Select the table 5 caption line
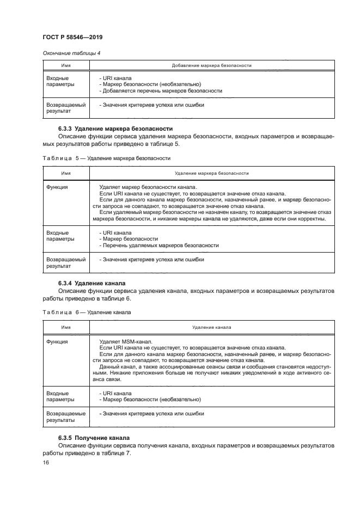tap(106, 158)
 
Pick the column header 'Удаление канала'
tap(211, 328)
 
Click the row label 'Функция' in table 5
tap(57, 186)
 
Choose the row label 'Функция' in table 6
tap(57, 341)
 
